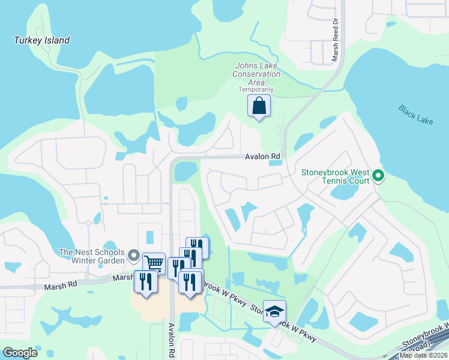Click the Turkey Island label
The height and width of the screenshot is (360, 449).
42,40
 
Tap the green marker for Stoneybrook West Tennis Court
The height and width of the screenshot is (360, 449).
378,176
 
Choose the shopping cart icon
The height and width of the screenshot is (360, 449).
154,262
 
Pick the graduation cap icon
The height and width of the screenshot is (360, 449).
274,311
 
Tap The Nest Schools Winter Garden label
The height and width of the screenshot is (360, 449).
92,256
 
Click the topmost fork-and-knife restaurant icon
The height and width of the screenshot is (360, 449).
197,247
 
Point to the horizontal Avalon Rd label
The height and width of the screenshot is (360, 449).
262,157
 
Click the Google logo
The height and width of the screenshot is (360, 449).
20,352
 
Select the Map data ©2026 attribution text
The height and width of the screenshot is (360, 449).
423,355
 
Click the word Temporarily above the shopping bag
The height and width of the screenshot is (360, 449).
256,89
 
